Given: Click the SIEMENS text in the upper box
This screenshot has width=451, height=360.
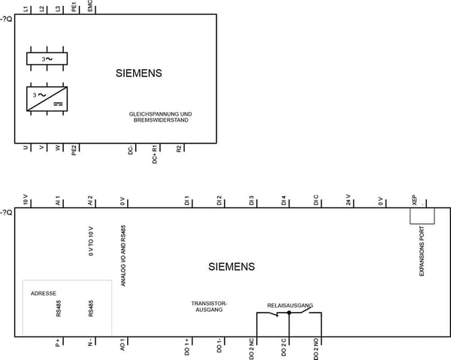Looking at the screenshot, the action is pyautogui.click(x=139, y=73).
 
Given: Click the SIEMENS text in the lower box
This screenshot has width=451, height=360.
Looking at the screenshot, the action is pyautogui.click(x=232, y=267).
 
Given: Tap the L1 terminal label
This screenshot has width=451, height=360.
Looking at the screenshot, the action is pyautogui.click(x=26, y=9).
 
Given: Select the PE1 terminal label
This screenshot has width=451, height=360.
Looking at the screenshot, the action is pyautogui.click(x=74, y=7).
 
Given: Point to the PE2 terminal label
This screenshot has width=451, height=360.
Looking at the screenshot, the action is pyautogui.click(x=74, y=150).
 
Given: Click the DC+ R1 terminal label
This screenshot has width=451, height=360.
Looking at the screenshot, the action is pyautogui.click(x=155, y=154).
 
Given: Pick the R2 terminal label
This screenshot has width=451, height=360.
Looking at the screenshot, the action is pyautogui.click(x=179, y=148).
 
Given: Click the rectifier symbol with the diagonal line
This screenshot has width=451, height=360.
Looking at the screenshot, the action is pyautogui.click(x=47, y=98).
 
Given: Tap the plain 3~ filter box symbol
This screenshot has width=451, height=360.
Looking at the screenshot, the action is pyautogui.click(x=47, y=59).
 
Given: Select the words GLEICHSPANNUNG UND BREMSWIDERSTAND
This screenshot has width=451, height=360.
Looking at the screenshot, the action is pyautogui.click(x=161, y=117).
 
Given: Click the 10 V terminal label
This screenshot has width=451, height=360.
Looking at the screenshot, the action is pyautogui.click(x=26, y=200).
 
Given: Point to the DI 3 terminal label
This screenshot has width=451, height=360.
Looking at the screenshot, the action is pyautogui.click(x=251, y=201).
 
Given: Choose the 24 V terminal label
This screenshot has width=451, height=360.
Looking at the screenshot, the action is pyautogui.click(x=348, y=200).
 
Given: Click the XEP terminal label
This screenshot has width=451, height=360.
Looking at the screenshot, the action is pyautogui.click(x=414, y=200).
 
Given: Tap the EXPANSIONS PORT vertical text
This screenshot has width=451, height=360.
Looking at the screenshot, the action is pyautogui.click(x=422, y=251).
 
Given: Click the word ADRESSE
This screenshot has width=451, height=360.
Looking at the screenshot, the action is pyautogui.click(x=44, y=293).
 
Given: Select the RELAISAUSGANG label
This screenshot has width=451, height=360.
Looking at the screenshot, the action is pyautogui.click(x=290, y=305).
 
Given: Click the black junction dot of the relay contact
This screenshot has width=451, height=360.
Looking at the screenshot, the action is pyautogui.click(x=289, y=313).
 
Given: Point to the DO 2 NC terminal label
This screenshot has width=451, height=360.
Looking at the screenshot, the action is pyautogui.click(x=251, y=349).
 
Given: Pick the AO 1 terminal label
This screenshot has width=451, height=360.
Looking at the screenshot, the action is pyautogui.click(x=123, y=344).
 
